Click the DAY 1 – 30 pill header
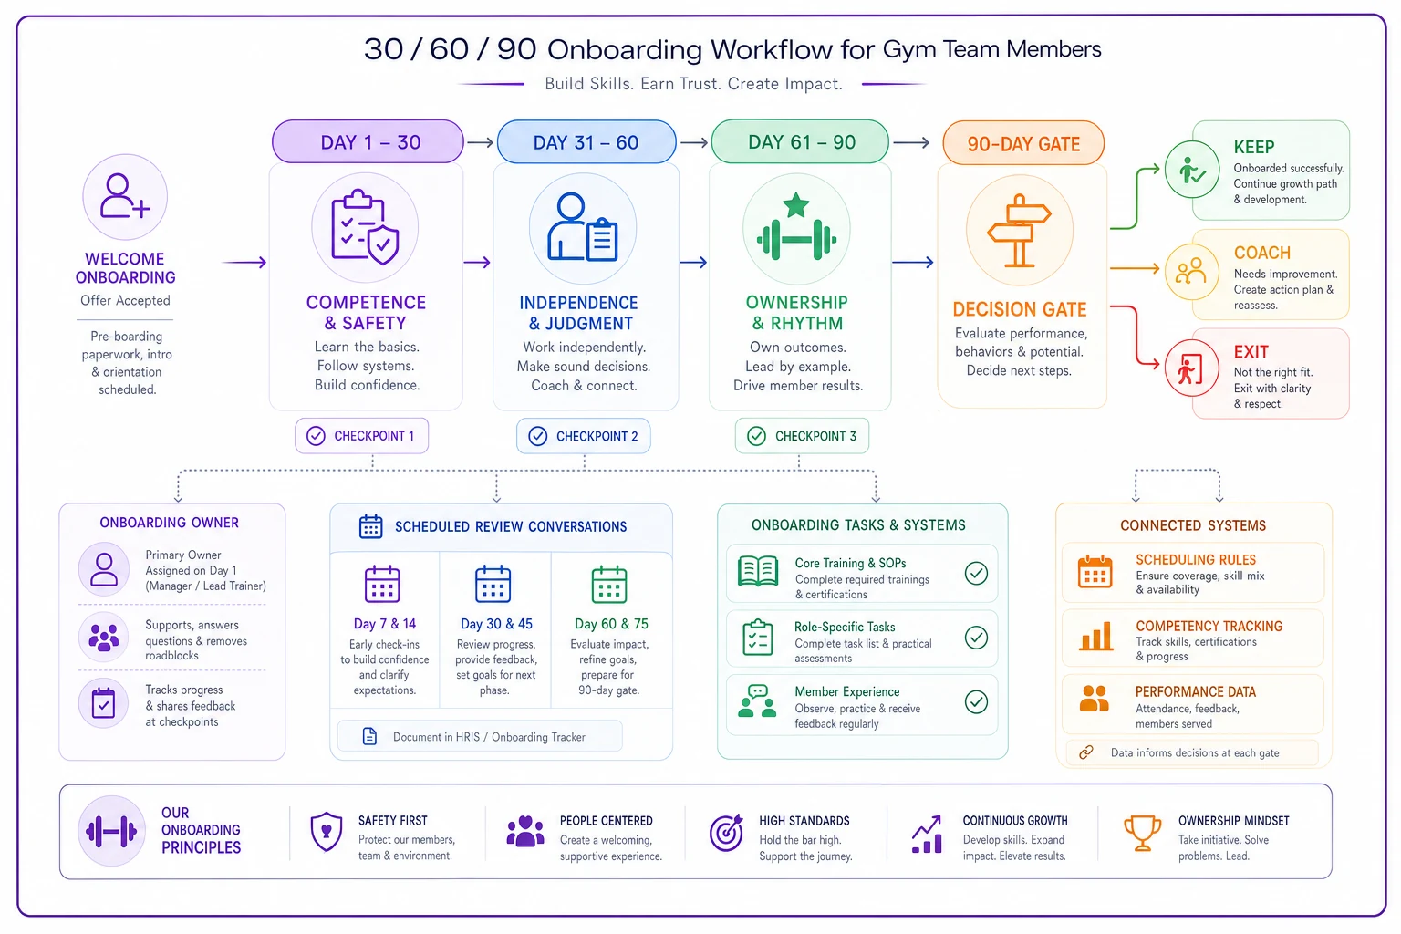[368, 142]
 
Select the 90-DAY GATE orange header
[1023, 143]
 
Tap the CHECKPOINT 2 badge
[584, 436]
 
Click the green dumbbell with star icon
[796, 228]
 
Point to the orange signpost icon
[1019, 230]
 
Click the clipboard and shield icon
[365, 227]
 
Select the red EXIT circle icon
[1191, 368]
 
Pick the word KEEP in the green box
[1253, 147]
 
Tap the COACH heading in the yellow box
[1261, 253]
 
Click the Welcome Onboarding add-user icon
[125, 196]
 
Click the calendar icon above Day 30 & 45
[493, 584]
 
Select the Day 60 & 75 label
[611, 624]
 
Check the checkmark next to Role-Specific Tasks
[976, 638]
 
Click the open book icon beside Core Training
[758, 571]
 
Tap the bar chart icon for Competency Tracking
[1095, 637]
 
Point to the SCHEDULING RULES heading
[1195, 560]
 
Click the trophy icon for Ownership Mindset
[1142, 833]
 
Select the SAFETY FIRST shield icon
[326, 832]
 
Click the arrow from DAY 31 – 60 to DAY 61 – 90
[693, 142]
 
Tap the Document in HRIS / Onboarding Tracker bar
[480, 736]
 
